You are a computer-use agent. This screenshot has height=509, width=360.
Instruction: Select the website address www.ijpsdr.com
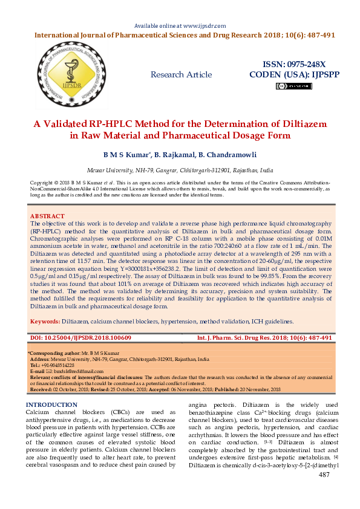coord(203,26)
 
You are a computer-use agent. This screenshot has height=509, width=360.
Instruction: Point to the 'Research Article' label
coord(182,75)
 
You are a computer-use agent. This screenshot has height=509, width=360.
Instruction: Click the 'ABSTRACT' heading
coord(47,216)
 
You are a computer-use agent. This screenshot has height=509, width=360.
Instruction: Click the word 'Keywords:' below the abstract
coord(45,322)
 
